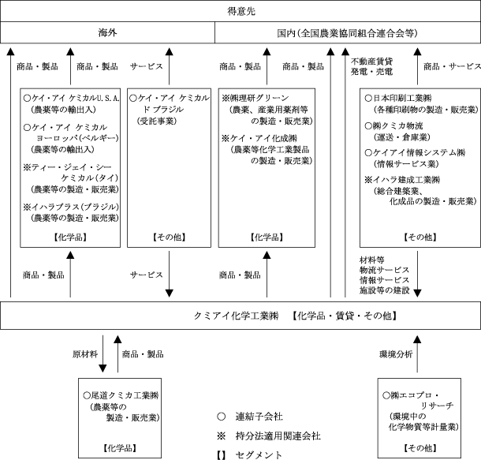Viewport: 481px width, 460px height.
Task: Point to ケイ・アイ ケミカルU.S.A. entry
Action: tap(73, 98)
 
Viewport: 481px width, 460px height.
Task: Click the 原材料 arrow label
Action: tap(84, 355)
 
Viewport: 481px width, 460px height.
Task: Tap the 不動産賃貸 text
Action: tap(371, 61)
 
